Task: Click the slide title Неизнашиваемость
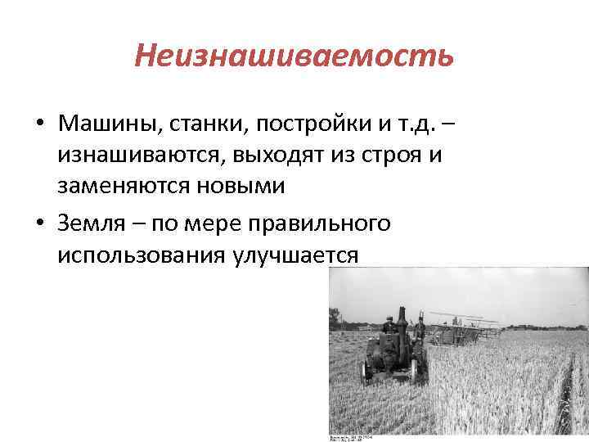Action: pos(294,56)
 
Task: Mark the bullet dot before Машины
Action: pos(39,125)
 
